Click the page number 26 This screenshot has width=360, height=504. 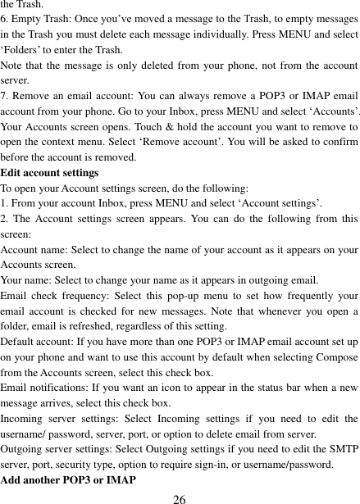coord(180,497)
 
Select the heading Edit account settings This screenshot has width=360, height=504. coord(50,173)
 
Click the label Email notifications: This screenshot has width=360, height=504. coord(47,388)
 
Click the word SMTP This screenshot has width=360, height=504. coord(344,449)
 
